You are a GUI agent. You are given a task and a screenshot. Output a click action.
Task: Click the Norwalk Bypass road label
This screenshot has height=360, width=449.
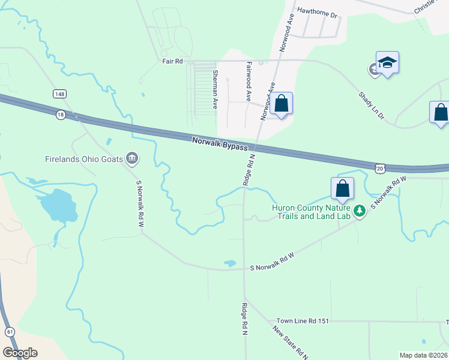(220, 143)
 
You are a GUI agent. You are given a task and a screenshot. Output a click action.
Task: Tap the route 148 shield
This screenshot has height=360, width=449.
(59, 94)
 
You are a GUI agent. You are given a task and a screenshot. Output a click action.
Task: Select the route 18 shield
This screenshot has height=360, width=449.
(61, 114)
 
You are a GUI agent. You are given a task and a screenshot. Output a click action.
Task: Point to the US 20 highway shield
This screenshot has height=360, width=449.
(381, 169)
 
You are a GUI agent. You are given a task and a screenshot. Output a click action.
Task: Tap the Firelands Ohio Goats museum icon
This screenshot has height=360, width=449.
(133, 159)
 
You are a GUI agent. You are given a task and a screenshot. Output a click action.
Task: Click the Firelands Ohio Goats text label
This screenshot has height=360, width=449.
(83, 160)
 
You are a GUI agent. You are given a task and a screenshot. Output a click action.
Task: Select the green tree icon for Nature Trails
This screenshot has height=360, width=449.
(360, 211)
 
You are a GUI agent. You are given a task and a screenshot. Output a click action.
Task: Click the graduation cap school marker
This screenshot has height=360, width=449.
(388, 63)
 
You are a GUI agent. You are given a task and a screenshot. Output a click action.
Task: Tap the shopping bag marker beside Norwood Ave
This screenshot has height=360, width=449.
(281, 104)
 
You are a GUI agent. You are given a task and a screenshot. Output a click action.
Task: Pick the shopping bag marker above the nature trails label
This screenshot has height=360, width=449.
(342, 188)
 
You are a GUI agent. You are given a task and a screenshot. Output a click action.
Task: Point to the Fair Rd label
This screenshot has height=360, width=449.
(171, 61)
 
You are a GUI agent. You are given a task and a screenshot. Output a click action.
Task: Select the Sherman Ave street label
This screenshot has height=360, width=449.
(215, 88)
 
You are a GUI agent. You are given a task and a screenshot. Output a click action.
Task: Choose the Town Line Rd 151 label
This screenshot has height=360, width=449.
(303, 321)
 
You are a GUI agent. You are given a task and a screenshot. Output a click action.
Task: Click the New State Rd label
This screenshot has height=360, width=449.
(290, 343)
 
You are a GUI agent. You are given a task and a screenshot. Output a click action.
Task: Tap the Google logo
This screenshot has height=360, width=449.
(20, 353)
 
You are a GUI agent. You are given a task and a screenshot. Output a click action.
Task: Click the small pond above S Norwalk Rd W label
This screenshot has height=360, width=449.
(229, 263)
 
